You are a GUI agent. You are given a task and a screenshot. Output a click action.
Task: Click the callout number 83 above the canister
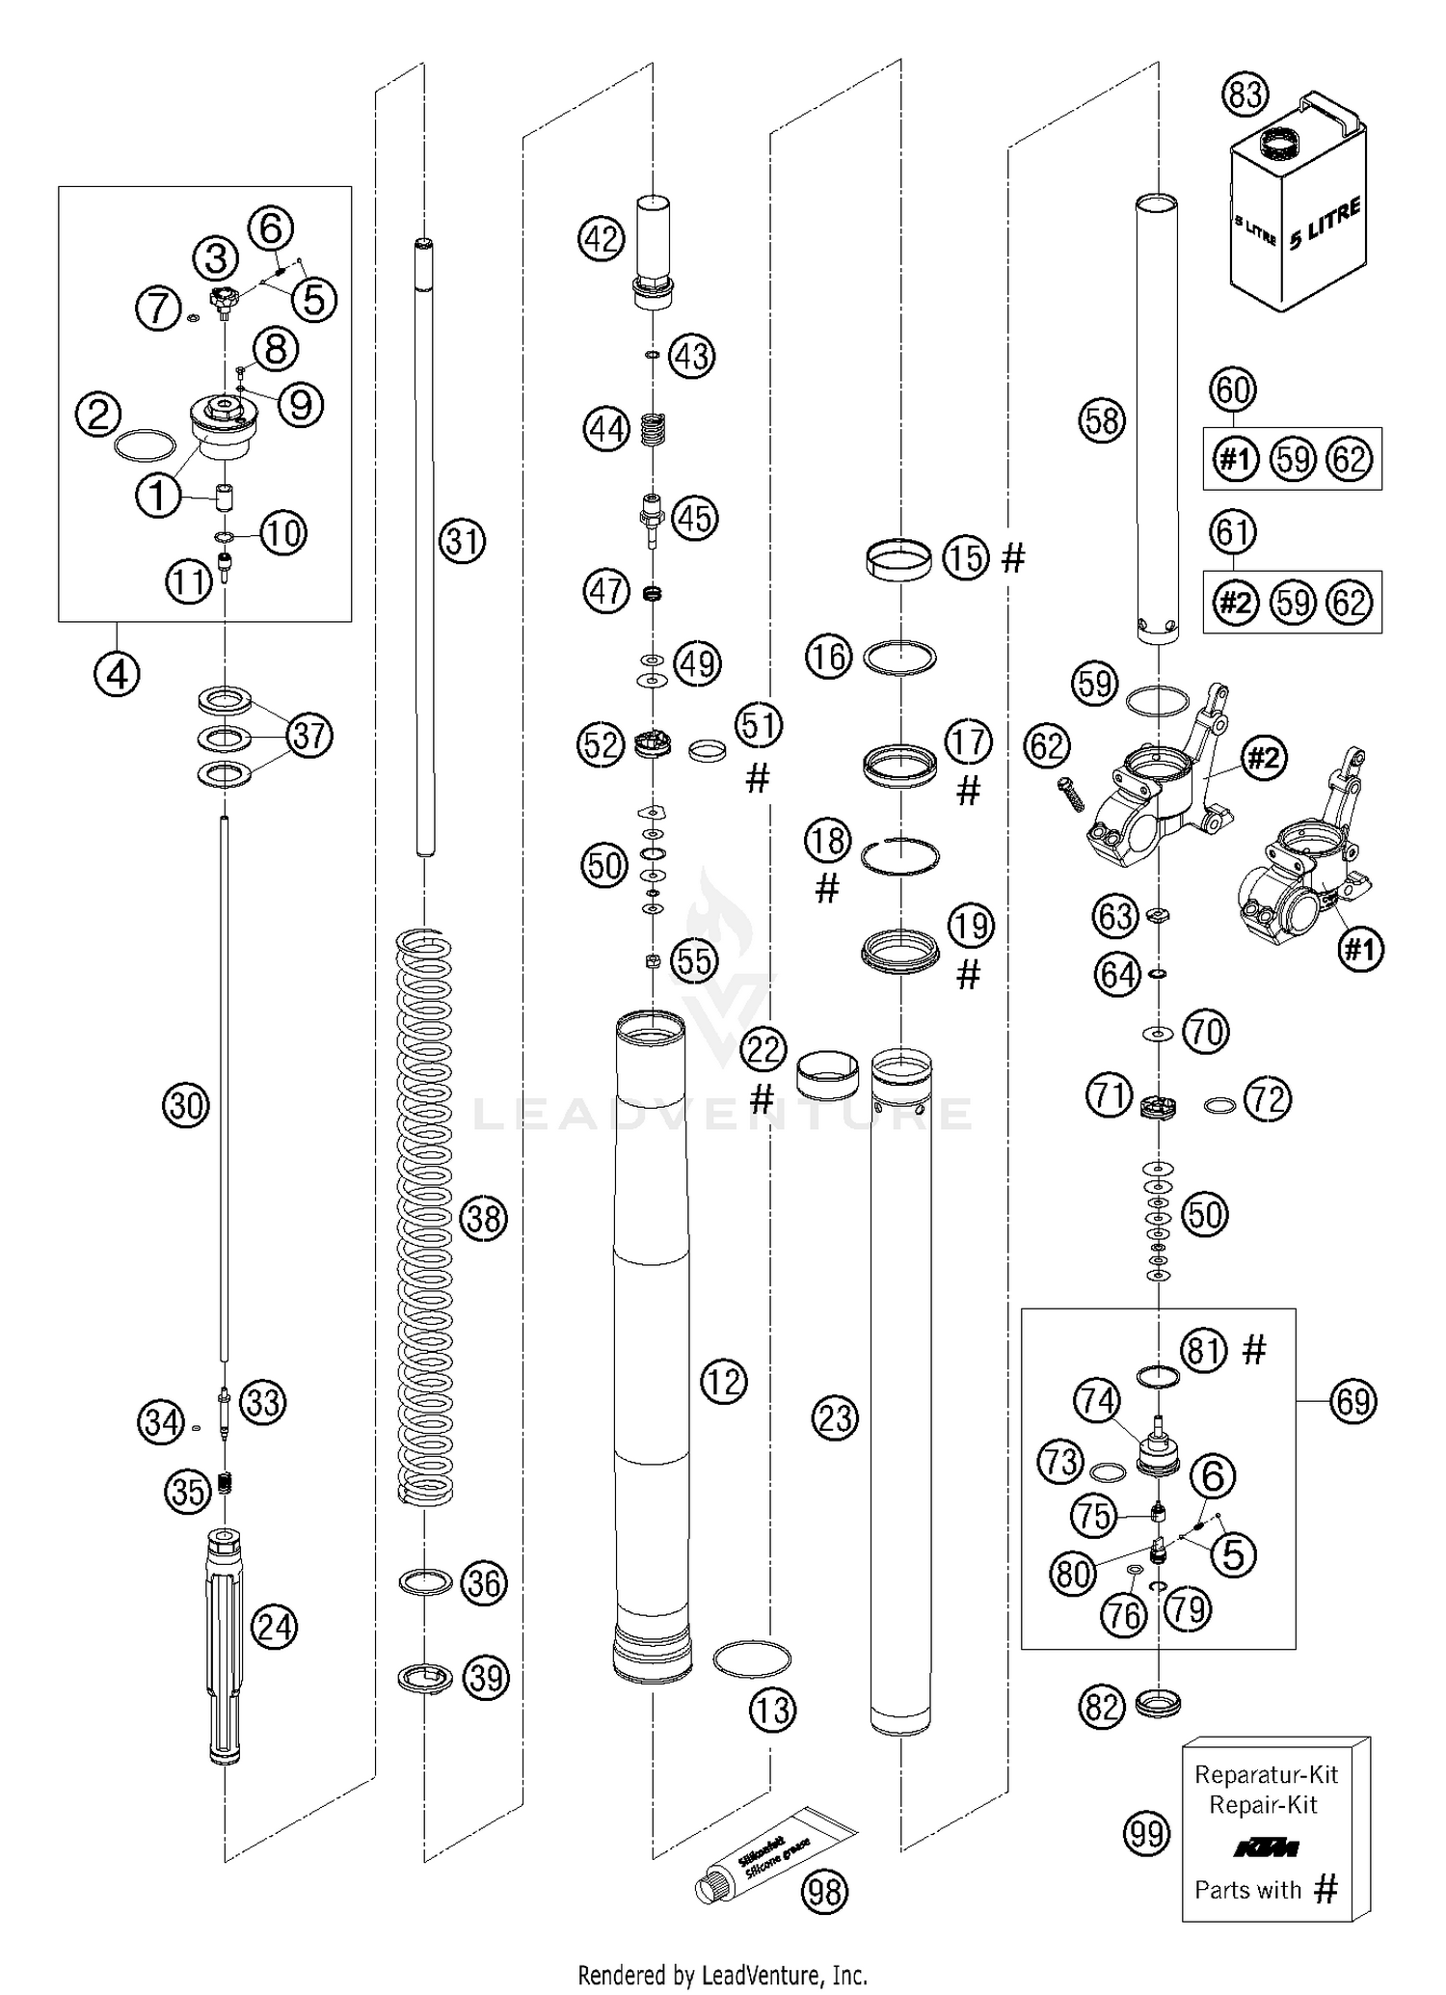[x=1245, y=95]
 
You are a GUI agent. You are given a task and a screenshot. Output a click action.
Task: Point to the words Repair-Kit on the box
[x=1263, y=1805]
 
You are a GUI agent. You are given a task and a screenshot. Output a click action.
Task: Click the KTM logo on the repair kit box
[x=1267, y=1847]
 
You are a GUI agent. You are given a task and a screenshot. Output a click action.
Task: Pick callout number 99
[x=1146, y=1833]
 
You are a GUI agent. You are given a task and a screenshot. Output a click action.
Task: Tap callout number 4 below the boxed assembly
[x=117, y=675]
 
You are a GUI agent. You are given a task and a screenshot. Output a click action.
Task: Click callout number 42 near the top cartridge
[x=601, y=238]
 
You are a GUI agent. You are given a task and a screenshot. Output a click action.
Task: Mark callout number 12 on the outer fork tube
[x=723, y=1382]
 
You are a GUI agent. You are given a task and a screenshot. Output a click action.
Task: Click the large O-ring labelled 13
[x=751, y=1658]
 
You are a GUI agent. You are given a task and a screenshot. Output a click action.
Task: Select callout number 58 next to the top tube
[x=1102, y=420]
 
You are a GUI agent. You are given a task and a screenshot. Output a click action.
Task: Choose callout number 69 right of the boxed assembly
[x=1352, y=1400]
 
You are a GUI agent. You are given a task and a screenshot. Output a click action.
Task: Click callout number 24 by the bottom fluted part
[x=274, y=1628]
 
